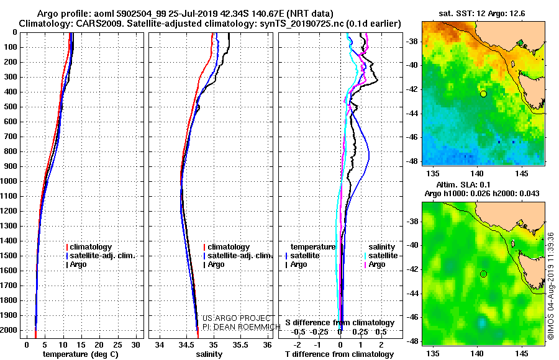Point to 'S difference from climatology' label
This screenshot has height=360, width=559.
pyautogui.click(x=340, y=323)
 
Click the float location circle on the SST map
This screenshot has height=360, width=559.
pyautogui.click(x=483, y=94)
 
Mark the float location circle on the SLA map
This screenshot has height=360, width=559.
pyautogui.click(x=483, y=274)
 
